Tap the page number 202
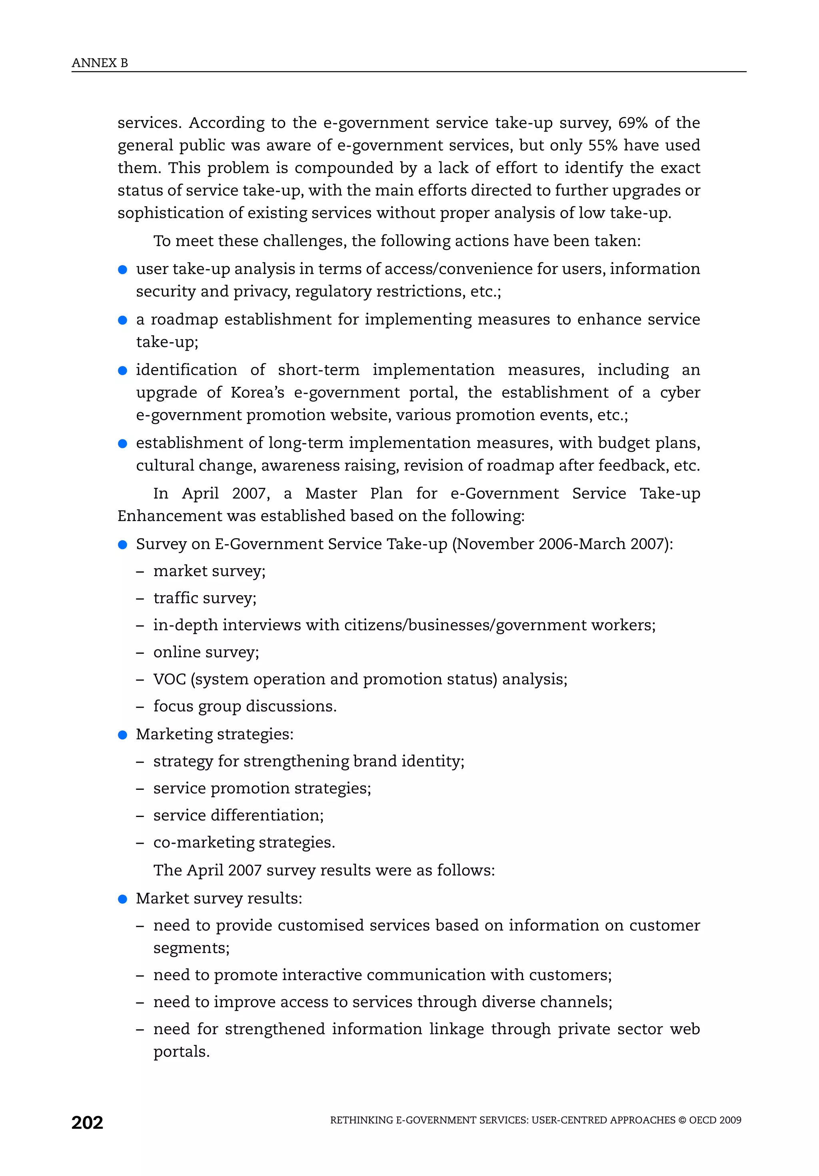[87, 1122]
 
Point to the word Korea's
[257, 392]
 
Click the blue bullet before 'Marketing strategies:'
[122, 735]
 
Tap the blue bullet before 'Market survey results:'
[122, 899]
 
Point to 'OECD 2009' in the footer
[715, 1120]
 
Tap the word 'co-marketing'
[203, 843]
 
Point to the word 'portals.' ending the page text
[181, 1052]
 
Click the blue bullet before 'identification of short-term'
[122, 370]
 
